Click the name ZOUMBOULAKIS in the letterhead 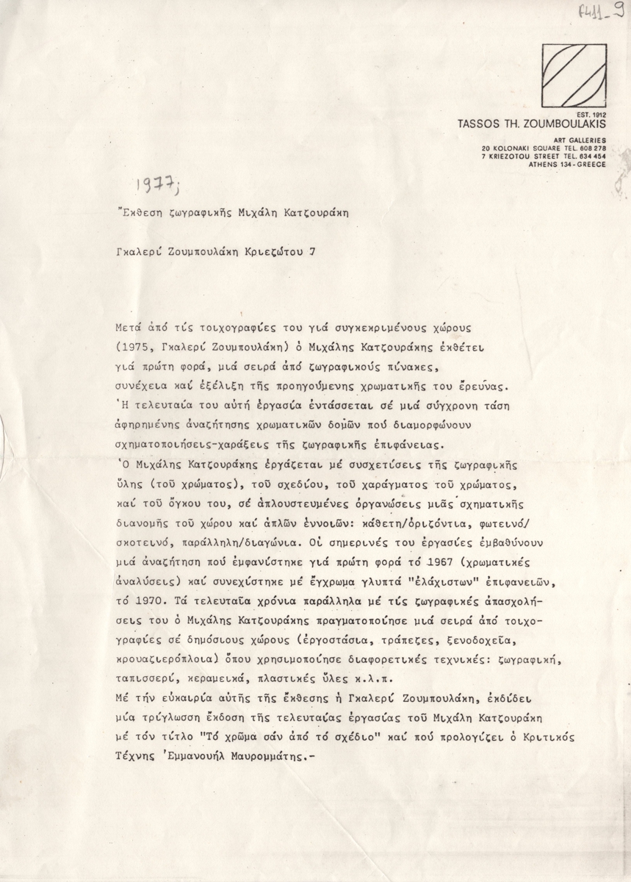tap(564, 123)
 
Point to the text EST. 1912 tap(591, 115)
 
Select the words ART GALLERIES tap(580, 141)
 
